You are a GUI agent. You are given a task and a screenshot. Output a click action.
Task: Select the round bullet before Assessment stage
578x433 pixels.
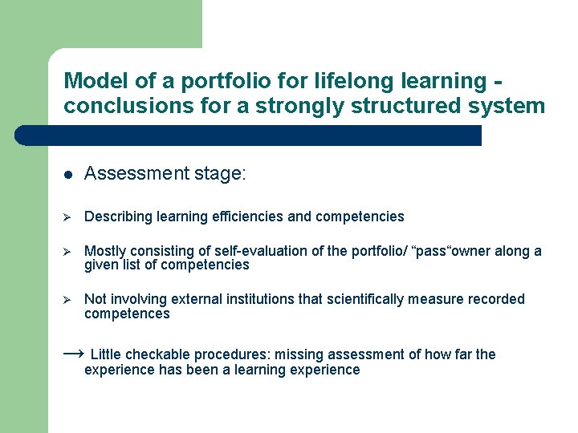point(68,175)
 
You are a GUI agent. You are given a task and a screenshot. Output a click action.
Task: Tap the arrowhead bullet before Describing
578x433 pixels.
point(68,217)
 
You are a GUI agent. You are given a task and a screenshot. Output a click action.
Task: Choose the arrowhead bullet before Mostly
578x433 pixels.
point(68,252)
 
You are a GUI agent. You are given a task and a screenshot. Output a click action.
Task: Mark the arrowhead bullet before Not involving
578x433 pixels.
point(68,300)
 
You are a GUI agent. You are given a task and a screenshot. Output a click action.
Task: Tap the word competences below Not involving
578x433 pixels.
point(127,314)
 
